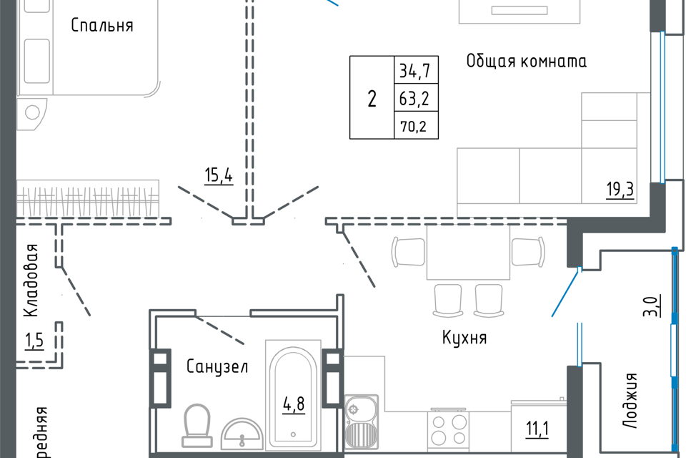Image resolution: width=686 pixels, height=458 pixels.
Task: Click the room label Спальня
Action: pos(102,26)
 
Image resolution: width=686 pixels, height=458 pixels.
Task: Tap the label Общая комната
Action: pos(526,61)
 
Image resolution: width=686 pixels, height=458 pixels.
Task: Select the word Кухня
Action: pos(464,338)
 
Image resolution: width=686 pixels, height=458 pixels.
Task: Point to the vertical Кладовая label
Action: pos(31,281)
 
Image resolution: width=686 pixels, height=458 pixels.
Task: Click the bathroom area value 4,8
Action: pos(292,404)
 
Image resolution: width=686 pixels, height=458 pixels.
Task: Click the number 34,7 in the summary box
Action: pos(414,72)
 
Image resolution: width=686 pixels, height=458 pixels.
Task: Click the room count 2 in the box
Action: pos(372,99)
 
